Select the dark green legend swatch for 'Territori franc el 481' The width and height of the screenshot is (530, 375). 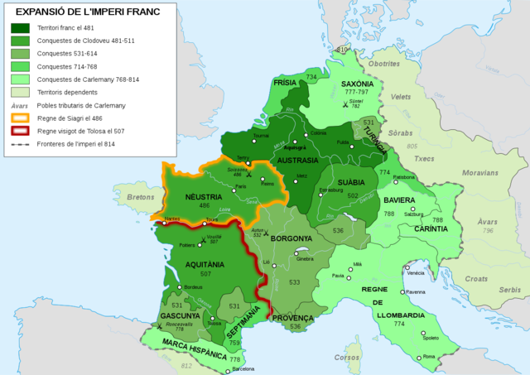click(21, 28)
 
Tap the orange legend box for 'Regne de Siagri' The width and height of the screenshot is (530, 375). click(21, 118)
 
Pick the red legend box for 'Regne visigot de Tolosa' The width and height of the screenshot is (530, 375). click(21, 130)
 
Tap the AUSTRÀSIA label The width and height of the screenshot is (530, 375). click(298, 160)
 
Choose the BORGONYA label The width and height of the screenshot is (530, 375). click(291, 238)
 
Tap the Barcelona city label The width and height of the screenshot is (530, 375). click(244, 369)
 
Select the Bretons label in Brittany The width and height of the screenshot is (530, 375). click(142, 198)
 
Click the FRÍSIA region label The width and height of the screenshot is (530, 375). click(287, 84)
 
